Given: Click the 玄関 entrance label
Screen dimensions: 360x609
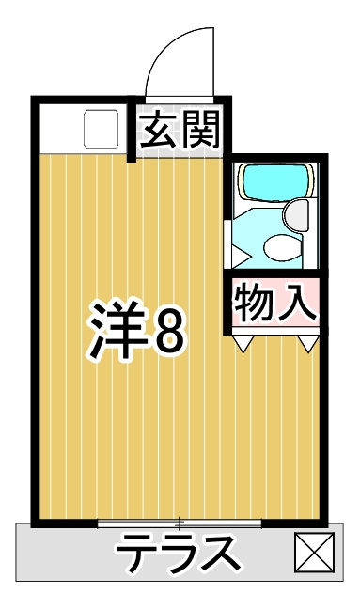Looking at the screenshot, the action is (180, 131).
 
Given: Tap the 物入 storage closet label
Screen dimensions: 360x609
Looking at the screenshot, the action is (275, 301).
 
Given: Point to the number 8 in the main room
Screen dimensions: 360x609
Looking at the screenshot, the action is (167, 330).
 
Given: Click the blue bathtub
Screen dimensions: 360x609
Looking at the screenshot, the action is (276, 181).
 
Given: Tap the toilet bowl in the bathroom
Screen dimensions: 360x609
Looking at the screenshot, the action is (282, 246).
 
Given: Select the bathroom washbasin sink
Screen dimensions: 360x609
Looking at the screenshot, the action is (295, 215).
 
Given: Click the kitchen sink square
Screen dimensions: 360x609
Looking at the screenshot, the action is (102, 129).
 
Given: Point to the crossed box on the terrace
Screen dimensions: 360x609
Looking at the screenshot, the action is (314, 552).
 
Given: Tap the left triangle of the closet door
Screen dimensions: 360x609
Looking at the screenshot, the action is (243, 343).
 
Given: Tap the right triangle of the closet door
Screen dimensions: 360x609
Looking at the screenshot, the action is (308, 343).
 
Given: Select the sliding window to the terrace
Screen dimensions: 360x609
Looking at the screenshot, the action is (180, 523).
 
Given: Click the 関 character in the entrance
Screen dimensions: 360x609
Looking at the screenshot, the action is (201, 131).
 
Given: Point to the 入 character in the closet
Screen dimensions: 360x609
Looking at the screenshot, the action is (297, 302).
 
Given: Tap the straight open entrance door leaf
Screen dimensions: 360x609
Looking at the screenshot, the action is (213, 62).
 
